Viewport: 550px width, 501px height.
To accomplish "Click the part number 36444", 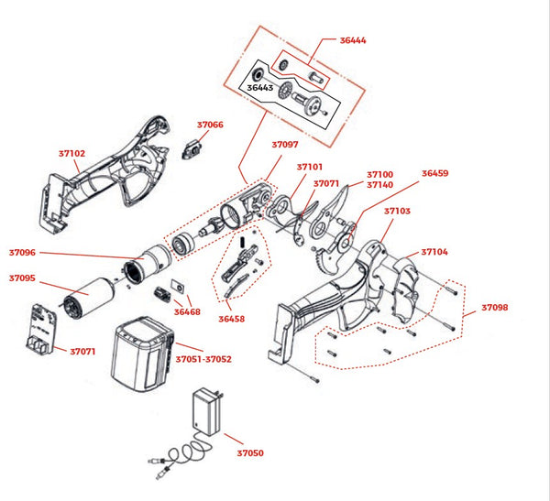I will (x=353, y=41).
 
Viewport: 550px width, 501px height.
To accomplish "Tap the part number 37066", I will (x=210, y=125).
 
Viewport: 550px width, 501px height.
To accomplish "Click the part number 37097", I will (x=284, y=144).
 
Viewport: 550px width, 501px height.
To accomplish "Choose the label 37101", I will (x=310, y=167).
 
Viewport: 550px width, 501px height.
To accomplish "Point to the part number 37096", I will (x=22, y=252).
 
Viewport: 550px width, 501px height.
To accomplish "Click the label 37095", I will (x=22, y=278).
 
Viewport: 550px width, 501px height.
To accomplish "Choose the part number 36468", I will (x=187, y=312).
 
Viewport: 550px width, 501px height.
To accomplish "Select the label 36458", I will (x=231, y=319).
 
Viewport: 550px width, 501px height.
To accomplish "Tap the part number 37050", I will (x=249, y=452).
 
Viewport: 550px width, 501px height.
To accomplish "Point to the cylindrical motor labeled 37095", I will (x=90, y=296).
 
